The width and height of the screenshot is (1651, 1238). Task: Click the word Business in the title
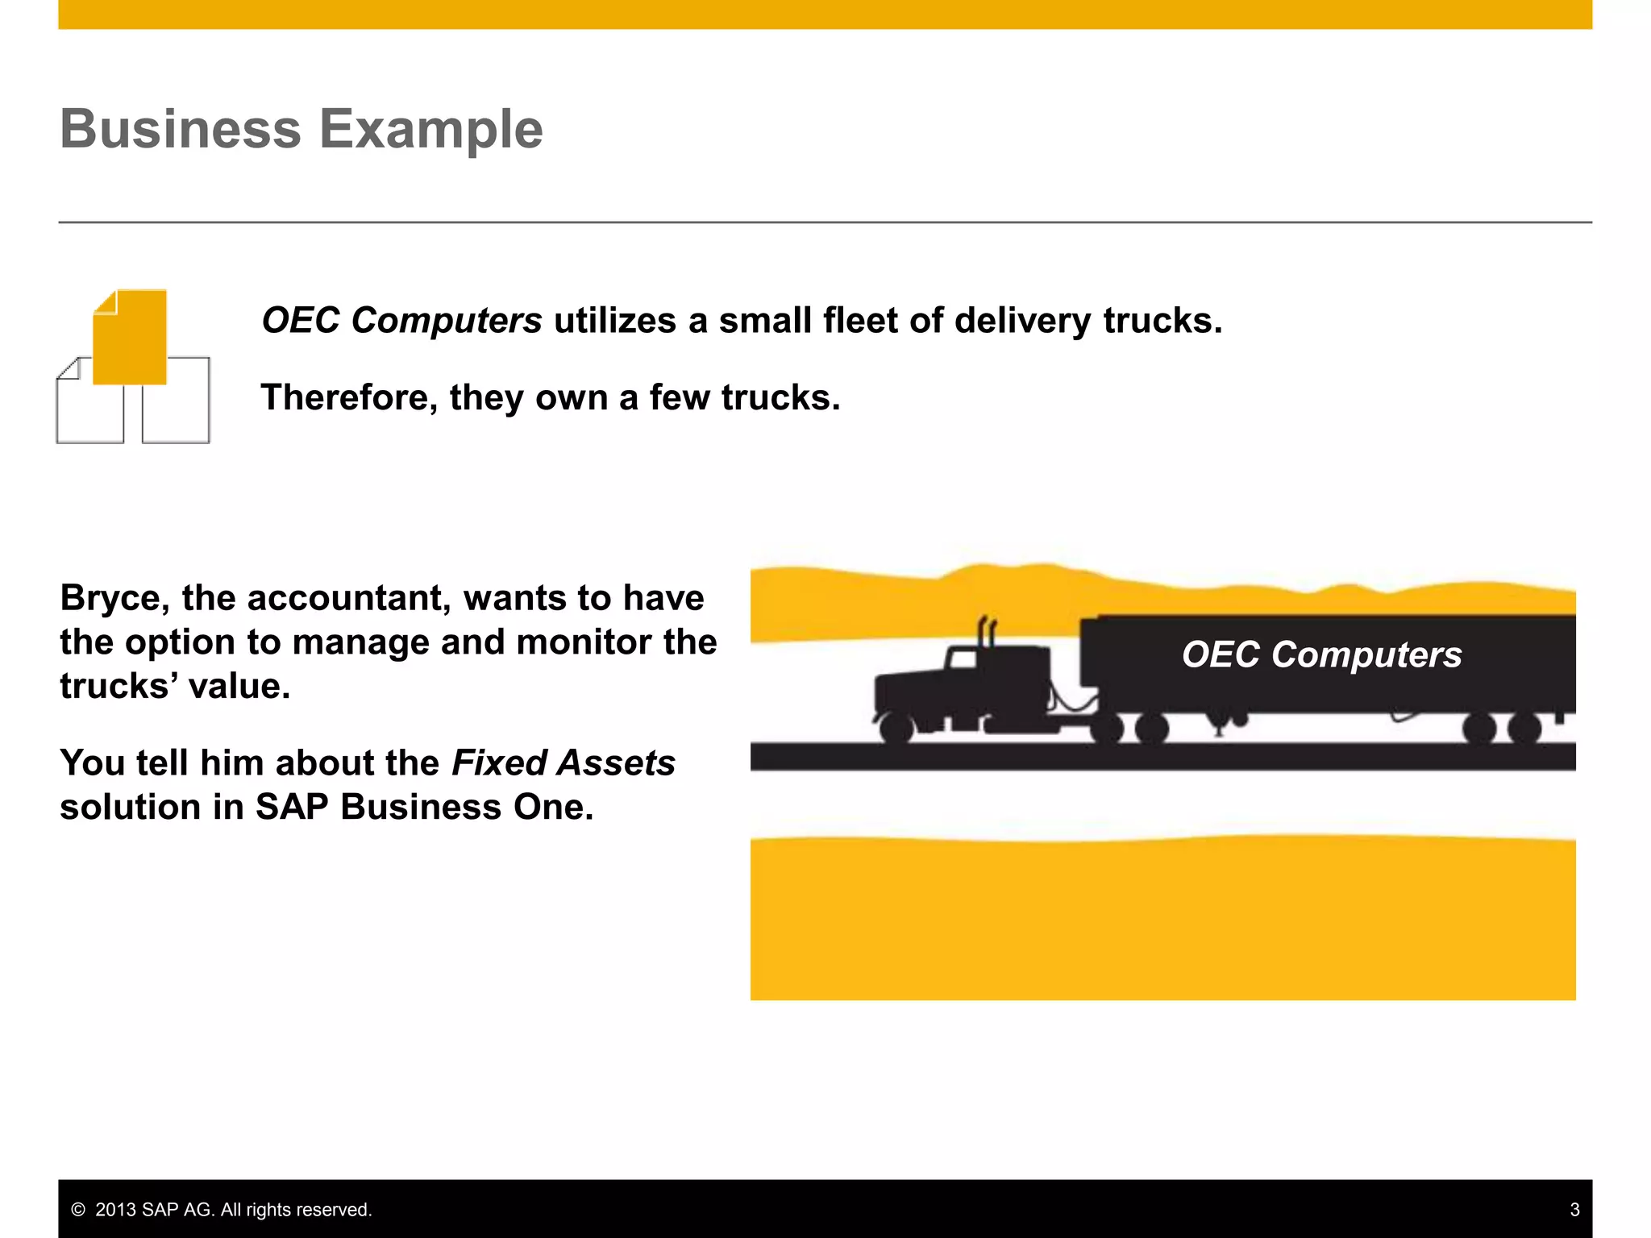(180, 129)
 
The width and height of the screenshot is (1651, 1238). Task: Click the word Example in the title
(431, 129)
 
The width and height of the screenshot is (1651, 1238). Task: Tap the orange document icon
(130, 337)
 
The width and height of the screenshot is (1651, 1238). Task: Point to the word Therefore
(349, 397)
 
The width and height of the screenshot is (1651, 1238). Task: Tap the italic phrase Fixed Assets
(564, 762)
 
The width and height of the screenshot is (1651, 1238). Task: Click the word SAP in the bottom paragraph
(292, 807)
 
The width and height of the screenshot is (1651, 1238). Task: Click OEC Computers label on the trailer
(1321, 654)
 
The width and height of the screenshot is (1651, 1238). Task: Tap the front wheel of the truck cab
(896, 728)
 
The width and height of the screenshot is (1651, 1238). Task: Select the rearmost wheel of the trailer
(1524, 729)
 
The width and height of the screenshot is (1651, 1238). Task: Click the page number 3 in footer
(1574, 1210)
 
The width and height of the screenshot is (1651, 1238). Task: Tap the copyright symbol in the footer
(78, 1210)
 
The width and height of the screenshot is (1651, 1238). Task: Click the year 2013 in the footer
(116, 1210)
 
